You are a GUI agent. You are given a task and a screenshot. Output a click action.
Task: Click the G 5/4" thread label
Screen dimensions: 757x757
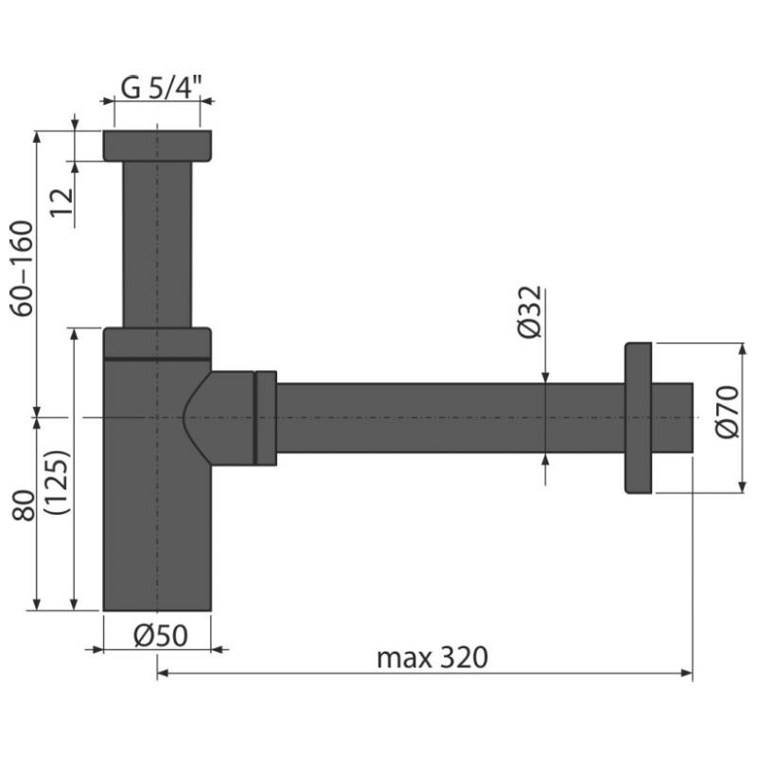(160, 87)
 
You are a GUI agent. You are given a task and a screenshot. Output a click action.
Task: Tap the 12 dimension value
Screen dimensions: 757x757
(62, 202)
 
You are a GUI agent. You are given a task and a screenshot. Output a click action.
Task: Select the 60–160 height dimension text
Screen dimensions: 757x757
(22, 269)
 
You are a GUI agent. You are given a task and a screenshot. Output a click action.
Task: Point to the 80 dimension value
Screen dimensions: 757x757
(24, 505)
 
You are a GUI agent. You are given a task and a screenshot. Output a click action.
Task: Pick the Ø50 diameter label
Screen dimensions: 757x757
(161, 636)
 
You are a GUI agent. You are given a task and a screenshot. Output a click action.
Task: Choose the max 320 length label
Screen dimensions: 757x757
(432, 658)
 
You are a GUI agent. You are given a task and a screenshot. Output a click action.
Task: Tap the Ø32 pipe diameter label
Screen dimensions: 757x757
(530, 312)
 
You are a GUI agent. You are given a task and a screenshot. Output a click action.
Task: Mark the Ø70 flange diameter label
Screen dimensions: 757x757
(727, 412)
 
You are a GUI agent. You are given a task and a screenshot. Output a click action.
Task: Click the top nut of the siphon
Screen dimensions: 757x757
(157, 146)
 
